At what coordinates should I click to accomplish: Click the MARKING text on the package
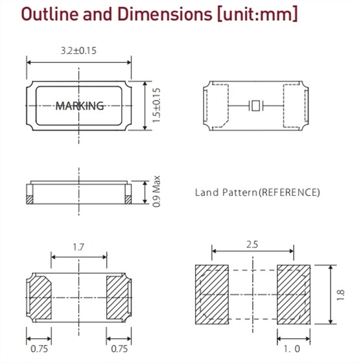coord(79,106)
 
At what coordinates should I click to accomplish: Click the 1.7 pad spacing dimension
coord(79,247)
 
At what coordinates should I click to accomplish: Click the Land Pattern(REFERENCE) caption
coord(257,193)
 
